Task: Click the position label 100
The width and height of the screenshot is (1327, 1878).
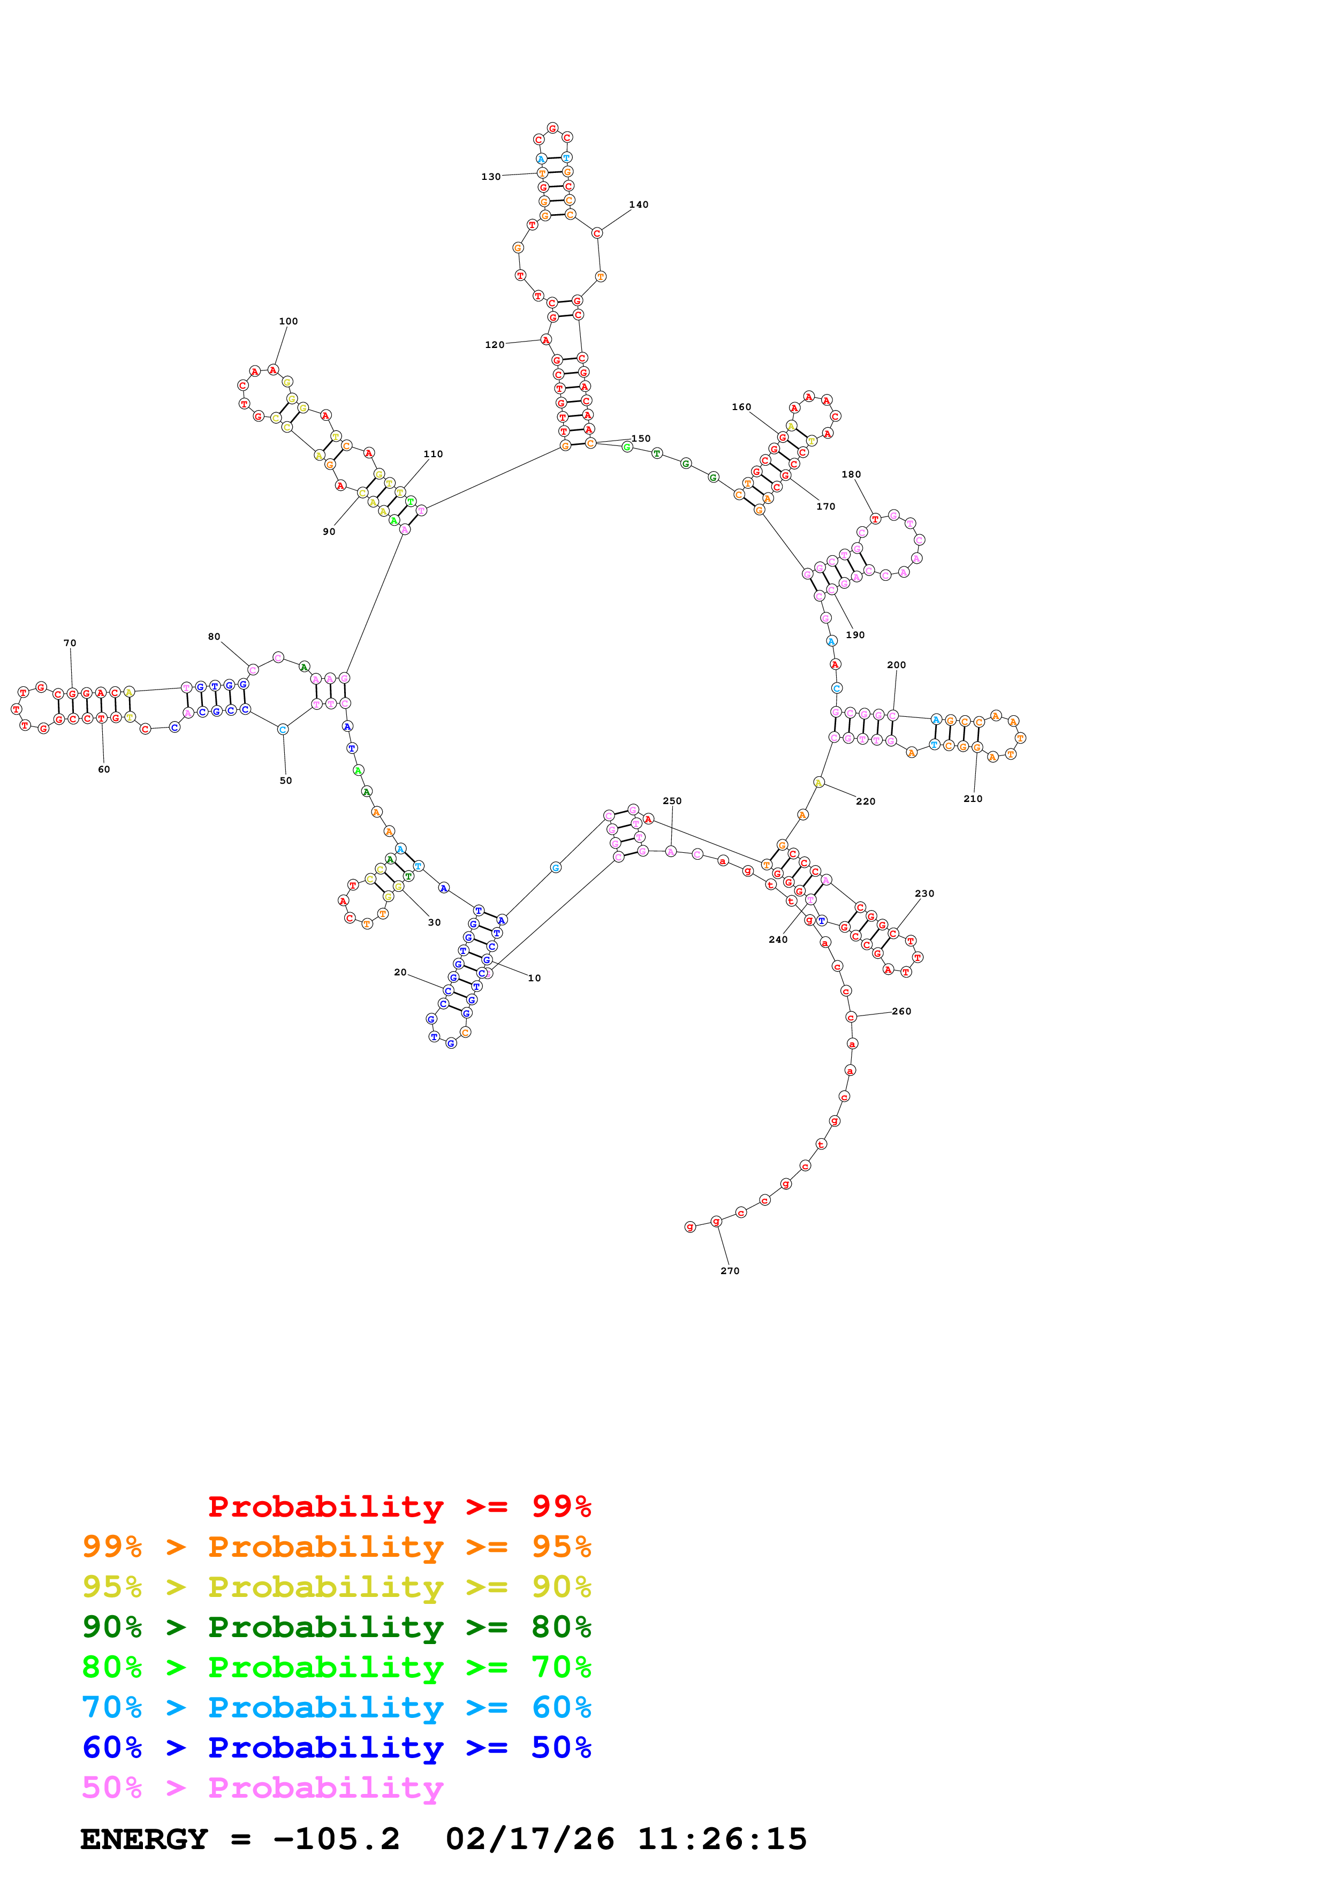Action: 288,321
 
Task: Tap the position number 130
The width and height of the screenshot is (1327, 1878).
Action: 490,177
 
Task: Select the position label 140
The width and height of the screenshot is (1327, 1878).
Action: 639,205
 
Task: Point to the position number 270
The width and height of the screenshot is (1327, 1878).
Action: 729,1270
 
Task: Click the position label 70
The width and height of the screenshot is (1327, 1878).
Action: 70,643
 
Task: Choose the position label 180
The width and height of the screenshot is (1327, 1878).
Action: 851,474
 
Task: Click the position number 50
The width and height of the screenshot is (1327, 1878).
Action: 285,781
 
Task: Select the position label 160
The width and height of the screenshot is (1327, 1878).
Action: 741,406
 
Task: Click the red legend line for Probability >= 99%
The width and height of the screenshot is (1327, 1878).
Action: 399,1506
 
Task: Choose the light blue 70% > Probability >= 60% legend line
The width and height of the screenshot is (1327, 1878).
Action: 336,1707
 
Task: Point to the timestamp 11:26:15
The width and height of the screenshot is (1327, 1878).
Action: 722,1839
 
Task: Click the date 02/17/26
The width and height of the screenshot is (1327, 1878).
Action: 530,1839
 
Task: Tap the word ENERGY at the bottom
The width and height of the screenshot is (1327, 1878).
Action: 144,1839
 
